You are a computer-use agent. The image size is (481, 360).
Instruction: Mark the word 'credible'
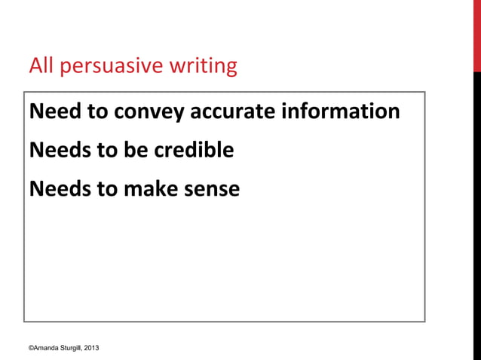pos(194,151)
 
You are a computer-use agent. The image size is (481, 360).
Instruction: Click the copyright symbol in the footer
pos(31,348)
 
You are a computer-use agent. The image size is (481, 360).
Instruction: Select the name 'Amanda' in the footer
pos(47,348)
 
